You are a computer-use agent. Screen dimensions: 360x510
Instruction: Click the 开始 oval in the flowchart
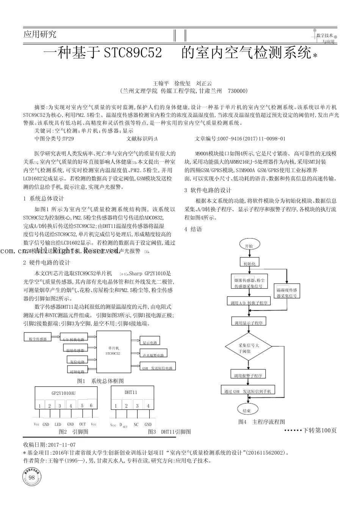[249, 246]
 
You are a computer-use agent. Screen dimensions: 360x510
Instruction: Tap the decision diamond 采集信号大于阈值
[249, 348]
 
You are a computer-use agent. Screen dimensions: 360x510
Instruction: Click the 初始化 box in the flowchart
[249, 263]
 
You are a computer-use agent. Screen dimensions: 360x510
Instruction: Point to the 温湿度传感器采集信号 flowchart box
[286, 292]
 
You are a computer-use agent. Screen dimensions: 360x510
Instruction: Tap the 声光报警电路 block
[153, 355]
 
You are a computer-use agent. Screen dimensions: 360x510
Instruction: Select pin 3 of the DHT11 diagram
[138, 406]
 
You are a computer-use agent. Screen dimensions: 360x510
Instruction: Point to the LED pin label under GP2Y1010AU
[58, 424]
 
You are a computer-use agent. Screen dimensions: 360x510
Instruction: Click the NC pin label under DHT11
[136, 425]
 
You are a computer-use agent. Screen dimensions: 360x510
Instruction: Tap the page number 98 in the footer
[32, 477]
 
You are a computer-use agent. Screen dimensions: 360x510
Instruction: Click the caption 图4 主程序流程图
[261, 422]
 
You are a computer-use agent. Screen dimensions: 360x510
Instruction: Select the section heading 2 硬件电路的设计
[47, 262]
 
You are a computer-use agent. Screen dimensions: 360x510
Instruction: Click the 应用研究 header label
[40, 35]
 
